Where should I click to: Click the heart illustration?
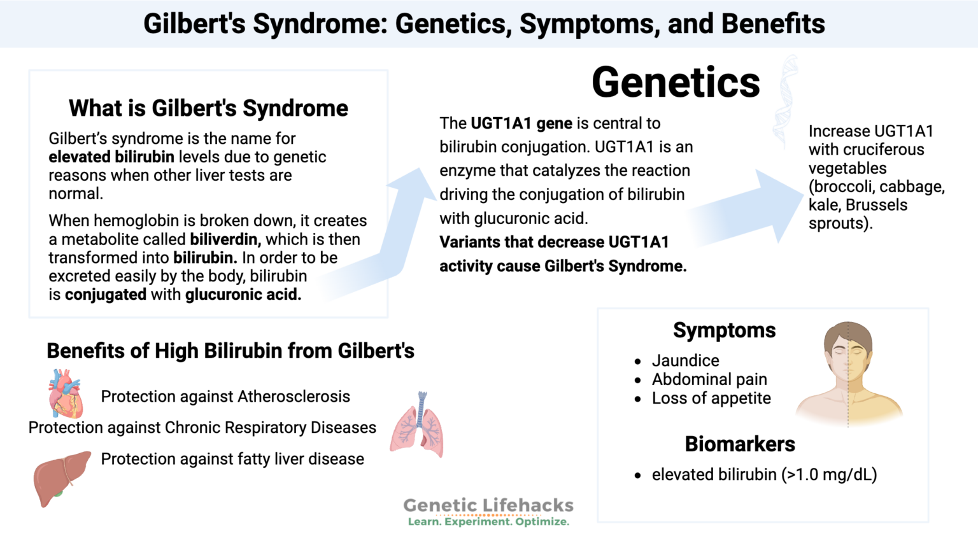click(x=65, y=395)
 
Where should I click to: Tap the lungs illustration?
click(x=417, y=427)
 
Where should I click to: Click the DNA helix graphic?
click(x=785, y=102)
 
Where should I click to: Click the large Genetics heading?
click(x=676, y=83)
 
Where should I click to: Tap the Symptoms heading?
click(x=724, y=330)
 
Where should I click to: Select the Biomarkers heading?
click(x=739, y=444)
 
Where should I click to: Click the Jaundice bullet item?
click(x=685, y=360)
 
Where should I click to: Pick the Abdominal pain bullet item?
click(x=709, y=379)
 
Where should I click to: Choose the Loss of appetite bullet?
click(x=711, y=398)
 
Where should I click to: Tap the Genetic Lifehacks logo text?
click(x=488, y=505)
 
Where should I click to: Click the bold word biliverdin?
click(x=225, y=239)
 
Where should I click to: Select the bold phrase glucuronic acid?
click(x=243, y=295)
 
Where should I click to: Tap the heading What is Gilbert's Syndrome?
click(x=208, y=108)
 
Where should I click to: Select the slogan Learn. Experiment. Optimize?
click(x=488, y=522)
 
